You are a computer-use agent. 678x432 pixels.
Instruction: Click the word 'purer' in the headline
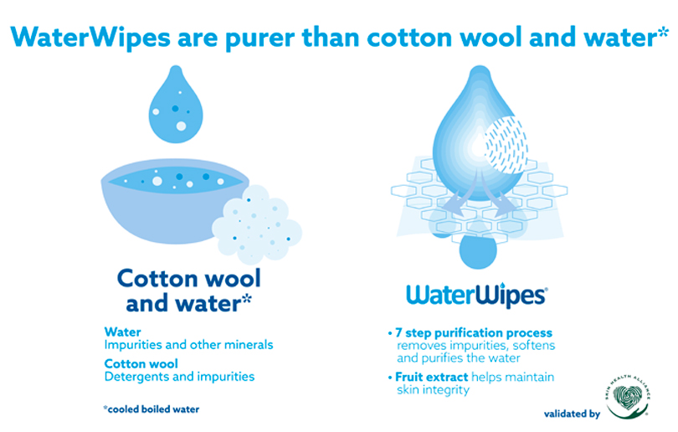(260, 39)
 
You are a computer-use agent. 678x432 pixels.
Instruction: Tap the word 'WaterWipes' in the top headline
(90, 37)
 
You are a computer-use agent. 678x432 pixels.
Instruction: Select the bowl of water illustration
(175, 201)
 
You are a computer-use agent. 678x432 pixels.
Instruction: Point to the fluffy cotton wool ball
(257, 225)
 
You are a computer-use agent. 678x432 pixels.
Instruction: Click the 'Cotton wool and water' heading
(189, 291)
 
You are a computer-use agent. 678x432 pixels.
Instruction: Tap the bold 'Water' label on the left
(123, 332)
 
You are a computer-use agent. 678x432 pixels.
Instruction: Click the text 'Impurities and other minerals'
(188, 345)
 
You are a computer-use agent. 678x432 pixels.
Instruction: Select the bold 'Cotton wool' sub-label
(141, 363)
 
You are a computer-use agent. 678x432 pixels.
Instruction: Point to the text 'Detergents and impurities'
(179, 376)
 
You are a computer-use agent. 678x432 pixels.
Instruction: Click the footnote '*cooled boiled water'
(152, 409)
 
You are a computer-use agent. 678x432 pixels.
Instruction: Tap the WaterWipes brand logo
(477, 296)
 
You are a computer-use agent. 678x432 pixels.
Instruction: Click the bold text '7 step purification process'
(474, 332)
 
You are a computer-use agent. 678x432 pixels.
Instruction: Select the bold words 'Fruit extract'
(432, 377)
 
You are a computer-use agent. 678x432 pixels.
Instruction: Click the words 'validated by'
(572, 414)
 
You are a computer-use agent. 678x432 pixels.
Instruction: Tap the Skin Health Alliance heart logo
(628, 397)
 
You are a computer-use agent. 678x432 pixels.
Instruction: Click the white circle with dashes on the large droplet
(506, 145)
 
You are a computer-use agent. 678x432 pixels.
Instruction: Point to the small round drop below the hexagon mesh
(478, 252)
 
